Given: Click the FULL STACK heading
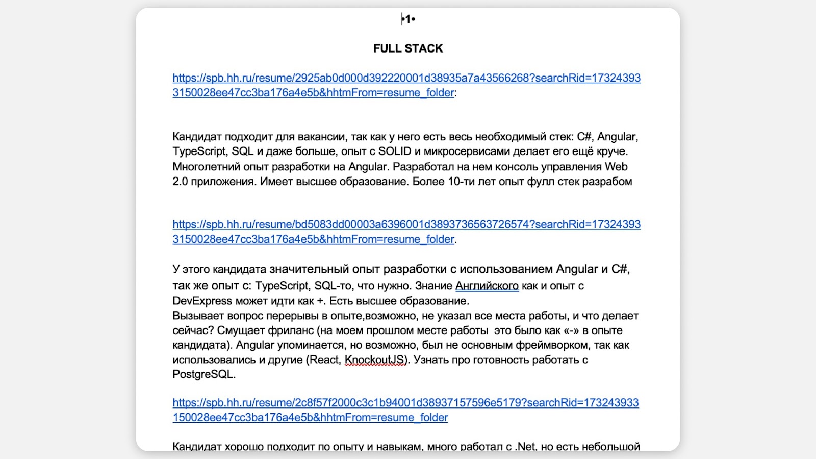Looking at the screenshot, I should [408, 48].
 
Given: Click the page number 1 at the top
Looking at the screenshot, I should [408, 19].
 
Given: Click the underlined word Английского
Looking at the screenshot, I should [487, 286].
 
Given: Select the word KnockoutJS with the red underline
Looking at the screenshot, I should [375, 360].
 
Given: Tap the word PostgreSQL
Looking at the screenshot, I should [203, 375].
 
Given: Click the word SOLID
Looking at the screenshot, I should [394, 151].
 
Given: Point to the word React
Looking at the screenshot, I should [325, 360].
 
